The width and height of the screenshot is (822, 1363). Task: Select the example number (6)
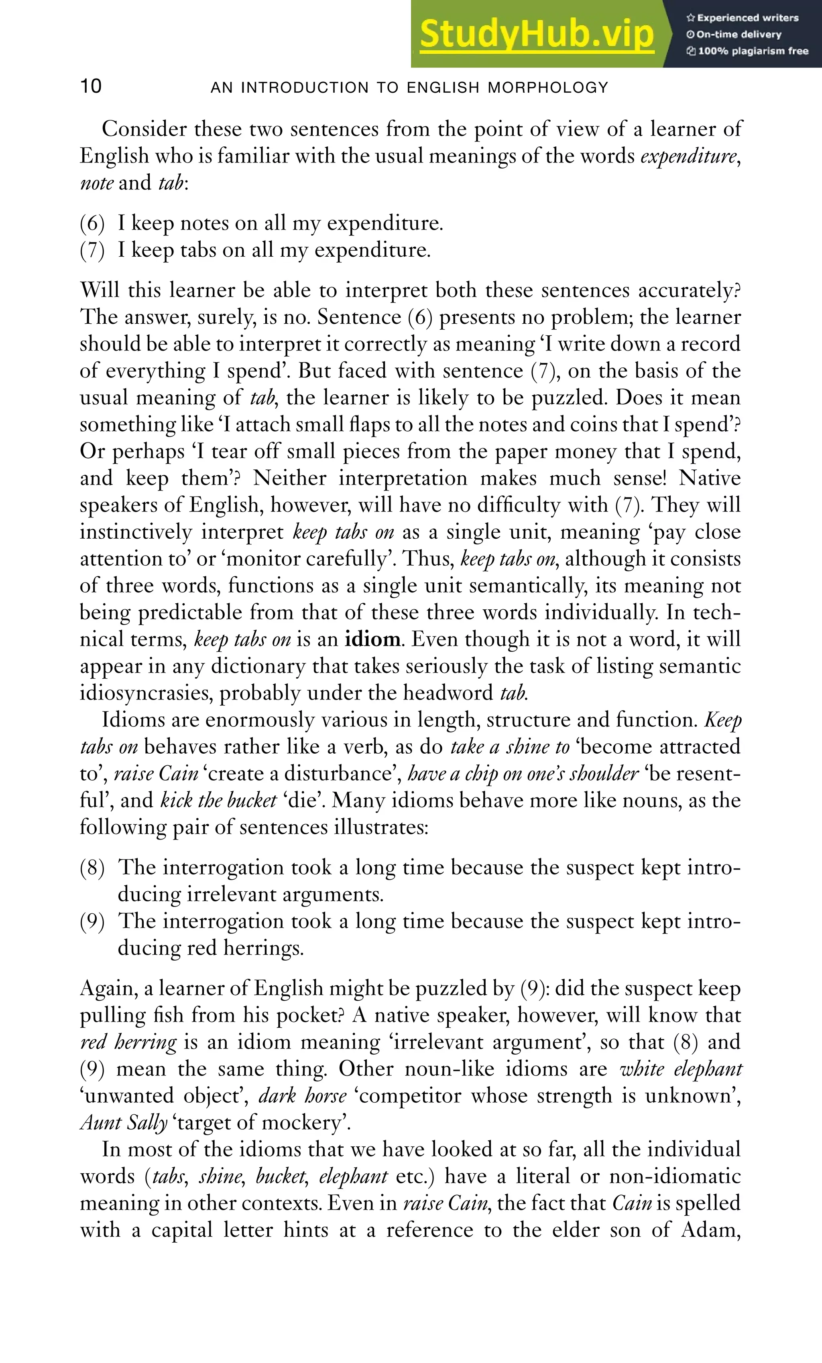point(92,223)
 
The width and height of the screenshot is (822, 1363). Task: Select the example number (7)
point(92,251)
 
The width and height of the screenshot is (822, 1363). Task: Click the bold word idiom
point(372,639)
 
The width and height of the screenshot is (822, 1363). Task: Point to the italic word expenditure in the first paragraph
point(689,156)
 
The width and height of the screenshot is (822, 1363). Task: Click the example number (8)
point(92,867)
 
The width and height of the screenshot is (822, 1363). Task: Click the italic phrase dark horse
point(302,1096)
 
